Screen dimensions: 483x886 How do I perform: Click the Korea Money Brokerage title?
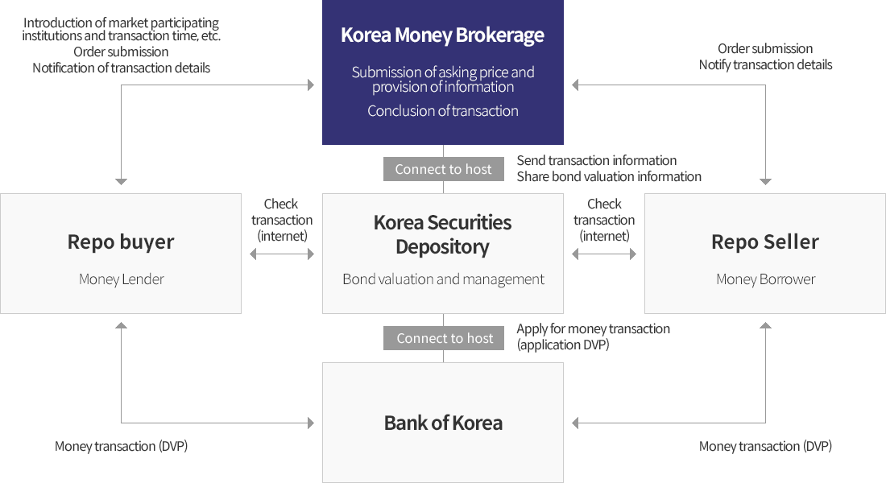pos(442,35)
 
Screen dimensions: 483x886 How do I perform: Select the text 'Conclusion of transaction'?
pos(443,111)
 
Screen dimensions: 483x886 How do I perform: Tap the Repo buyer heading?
pos(121,242)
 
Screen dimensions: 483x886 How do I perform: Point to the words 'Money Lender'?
pos(121,279)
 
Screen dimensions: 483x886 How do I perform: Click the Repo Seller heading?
pos(764,242)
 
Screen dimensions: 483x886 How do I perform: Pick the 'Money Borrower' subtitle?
pos(765,279)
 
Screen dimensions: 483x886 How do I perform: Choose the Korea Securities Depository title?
pos(442,234)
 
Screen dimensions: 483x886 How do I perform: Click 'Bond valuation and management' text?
pos(443,279)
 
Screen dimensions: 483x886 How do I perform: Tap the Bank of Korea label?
pos(443,423)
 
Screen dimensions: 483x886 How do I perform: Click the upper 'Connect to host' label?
pos(443,169)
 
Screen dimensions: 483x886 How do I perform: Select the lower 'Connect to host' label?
pos(445,338)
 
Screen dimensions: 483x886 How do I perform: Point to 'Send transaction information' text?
pos(597,160)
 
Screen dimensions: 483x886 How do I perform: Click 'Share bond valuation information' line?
pos(609,176)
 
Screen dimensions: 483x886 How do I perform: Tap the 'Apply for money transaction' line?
pos(594,328)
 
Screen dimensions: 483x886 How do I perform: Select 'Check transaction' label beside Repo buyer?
pos(282,220)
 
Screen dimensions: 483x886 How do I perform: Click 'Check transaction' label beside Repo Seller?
pos(604,220)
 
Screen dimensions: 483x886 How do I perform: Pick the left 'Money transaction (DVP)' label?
pos(121,446)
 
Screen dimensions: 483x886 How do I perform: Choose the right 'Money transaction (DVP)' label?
pos(765,446)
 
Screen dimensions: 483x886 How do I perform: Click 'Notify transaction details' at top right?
pos(765,64)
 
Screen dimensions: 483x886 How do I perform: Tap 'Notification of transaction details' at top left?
pos(121,68)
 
